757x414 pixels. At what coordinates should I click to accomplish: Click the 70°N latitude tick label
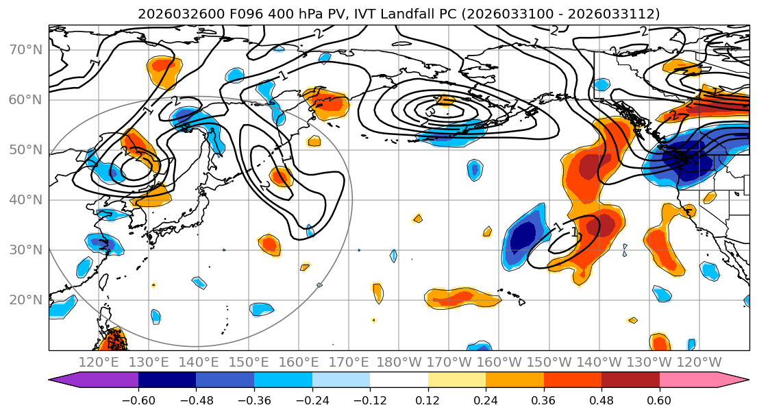[x=25, y=49]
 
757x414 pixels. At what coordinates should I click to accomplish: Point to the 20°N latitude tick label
[x=25, y=300]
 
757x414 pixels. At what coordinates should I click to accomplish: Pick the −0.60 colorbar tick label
[x=138, y=400]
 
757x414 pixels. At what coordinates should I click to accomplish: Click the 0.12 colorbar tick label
[x=428, y=400]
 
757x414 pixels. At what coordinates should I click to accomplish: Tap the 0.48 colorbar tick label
[x=601, y=400]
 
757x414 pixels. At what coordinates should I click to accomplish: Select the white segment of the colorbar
[x=399, y=380]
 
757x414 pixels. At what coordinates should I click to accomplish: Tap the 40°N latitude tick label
[x=25, y=199]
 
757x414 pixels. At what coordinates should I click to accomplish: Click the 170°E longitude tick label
[x=349, y=362]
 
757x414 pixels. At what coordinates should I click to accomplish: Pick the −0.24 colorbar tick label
[x=312, y=400]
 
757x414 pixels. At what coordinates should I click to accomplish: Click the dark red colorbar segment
[x=630, y=380]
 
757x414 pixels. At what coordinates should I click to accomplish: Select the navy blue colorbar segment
[x=167, y=380]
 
